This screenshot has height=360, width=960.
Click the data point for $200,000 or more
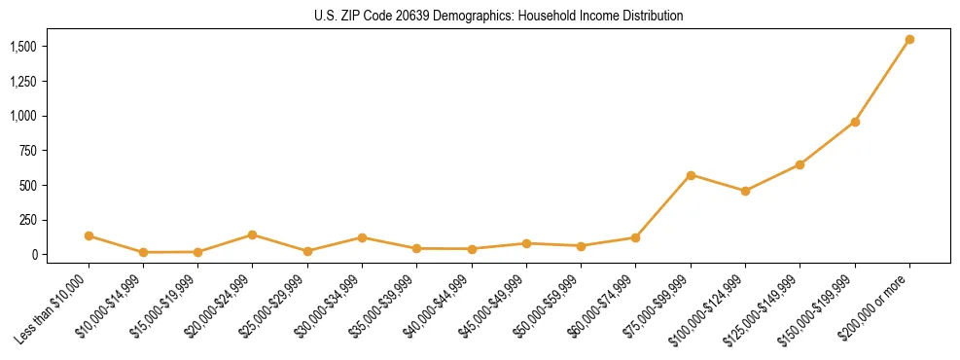[909, 40]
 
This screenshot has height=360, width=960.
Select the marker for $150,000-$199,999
[855, 122]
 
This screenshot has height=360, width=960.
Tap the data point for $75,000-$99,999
[691, 175]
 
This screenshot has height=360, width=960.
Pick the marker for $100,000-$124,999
[745, 191]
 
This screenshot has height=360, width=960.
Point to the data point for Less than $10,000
[89, 235]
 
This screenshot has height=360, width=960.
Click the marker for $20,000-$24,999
[253, 234]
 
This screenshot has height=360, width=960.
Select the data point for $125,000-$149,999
[800, 164]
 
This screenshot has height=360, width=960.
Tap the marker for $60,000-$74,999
[635, 237]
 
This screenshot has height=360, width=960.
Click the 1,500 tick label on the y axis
[23, 47]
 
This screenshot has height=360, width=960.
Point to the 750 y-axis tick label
[28, 151]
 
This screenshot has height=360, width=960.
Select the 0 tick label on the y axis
[34, 255]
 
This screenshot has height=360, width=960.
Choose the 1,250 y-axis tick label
[23, 82]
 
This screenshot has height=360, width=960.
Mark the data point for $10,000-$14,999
[143, 252]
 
